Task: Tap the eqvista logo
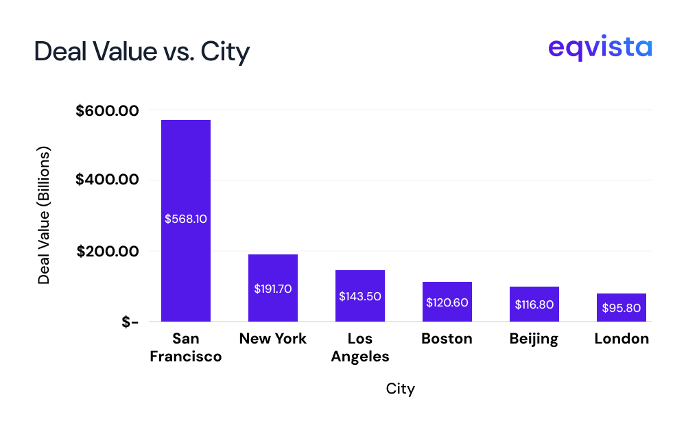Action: tap(600, 49)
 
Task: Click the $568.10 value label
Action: tap(186, 219)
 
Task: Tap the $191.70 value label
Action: tap(273, 289)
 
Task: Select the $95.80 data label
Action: tap(622, 308)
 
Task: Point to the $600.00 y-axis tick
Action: tap(108, 110)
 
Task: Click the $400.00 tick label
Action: tap(108, 180)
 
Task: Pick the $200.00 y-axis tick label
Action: tap(108, 251)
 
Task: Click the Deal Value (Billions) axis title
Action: tap(45, 215)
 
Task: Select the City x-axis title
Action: tap(401, 389)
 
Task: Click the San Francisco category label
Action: tap(186, 348)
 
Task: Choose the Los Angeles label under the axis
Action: tap(360, 348)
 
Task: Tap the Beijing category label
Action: tap(534, 339)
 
